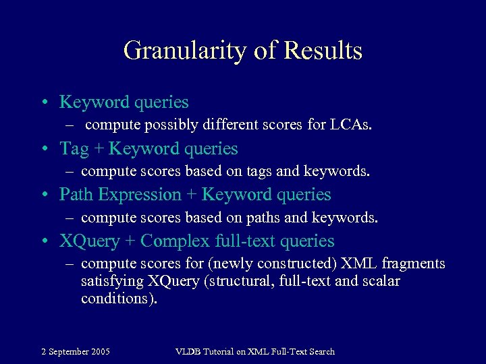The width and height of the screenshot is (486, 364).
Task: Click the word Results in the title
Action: [x=323, y=51]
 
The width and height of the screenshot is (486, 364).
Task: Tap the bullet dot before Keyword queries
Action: [x=43, y=102]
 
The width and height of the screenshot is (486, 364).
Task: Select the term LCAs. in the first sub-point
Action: [x=350, y=125]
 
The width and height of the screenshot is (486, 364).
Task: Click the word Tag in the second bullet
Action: [x=74, y=148]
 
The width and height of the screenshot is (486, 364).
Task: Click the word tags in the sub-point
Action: [x=250, y=171]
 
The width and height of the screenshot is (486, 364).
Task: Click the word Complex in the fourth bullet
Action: [x=173, y=241]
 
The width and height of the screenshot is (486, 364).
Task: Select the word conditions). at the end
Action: [x=119, y=299]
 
